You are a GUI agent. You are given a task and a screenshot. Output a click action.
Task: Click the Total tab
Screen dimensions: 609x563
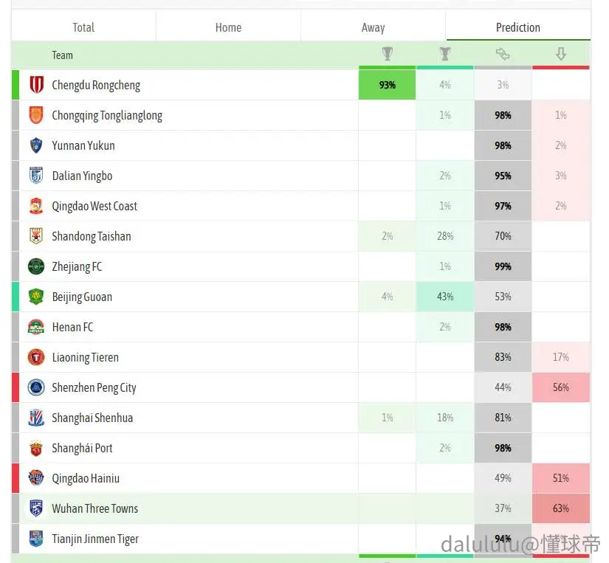(x=83, y=27)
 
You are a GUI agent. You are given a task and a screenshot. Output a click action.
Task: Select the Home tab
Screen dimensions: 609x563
(x=228, y=27)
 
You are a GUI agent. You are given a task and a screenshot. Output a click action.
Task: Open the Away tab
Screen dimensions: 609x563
(x=373, y=27)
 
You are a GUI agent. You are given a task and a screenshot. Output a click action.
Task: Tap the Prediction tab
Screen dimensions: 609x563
(x=518, y=27)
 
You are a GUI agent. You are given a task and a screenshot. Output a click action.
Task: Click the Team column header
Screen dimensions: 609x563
(x=62, y=55)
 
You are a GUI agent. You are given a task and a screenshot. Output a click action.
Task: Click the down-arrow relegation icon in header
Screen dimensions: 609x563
(x=560, y=54)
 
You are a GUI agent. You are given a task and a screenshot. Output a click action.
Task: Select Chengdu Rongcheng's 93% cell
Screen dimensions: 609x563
(x=387, y=85)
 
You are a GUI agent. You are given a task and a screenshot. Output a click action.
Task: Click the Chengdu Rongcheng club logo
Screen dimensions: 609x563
(x=36, y=85)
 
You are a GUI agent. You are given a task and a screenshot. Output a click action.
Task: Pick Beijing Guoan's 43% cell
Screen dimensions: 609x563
(x=445, y=297)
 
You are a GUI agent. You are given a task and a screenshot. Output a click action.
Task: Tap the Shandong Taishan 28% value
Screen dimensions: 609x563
(x=445, y=236)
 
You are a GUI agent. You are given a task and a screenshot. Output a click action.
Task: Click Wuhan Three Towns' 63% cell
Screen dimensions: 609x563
(x=561, y=508)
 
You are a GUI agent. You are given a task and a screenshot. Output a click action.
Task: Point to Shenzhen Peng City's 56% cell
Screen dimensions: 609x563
(x=561, y=387)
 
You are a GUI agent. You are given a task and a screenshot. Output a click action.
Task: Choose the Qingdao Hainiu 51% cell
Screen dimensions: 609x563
(x=561, y=478)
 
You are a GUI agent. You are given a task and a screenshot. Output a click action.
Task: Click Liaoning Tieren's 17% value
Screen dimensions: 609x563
(x=561, y=357)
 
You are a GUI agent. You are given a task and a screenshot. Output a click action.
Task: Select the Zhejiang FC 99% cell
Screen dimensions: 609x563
(x=503, y=266)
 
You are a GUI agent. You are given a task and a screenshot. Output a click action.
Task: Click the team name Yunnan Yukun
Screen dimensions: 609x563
(x=83, y=145)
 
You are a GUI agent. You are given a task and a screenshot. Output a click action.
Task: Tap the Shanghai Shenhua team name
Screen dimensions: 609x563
(x=92, y=418)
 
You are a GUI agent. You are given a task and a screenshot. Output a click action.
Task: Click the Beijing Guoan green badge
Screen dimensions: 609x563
(x=36, y=297)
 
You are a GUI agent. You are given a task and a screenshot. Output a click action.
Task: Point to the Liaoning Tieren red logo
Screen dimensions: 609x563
(x=36, y=357)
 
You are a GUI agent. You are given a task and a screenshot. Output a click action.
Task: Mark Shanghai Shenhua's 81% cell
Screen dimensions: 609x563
(x=503, y=418)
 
